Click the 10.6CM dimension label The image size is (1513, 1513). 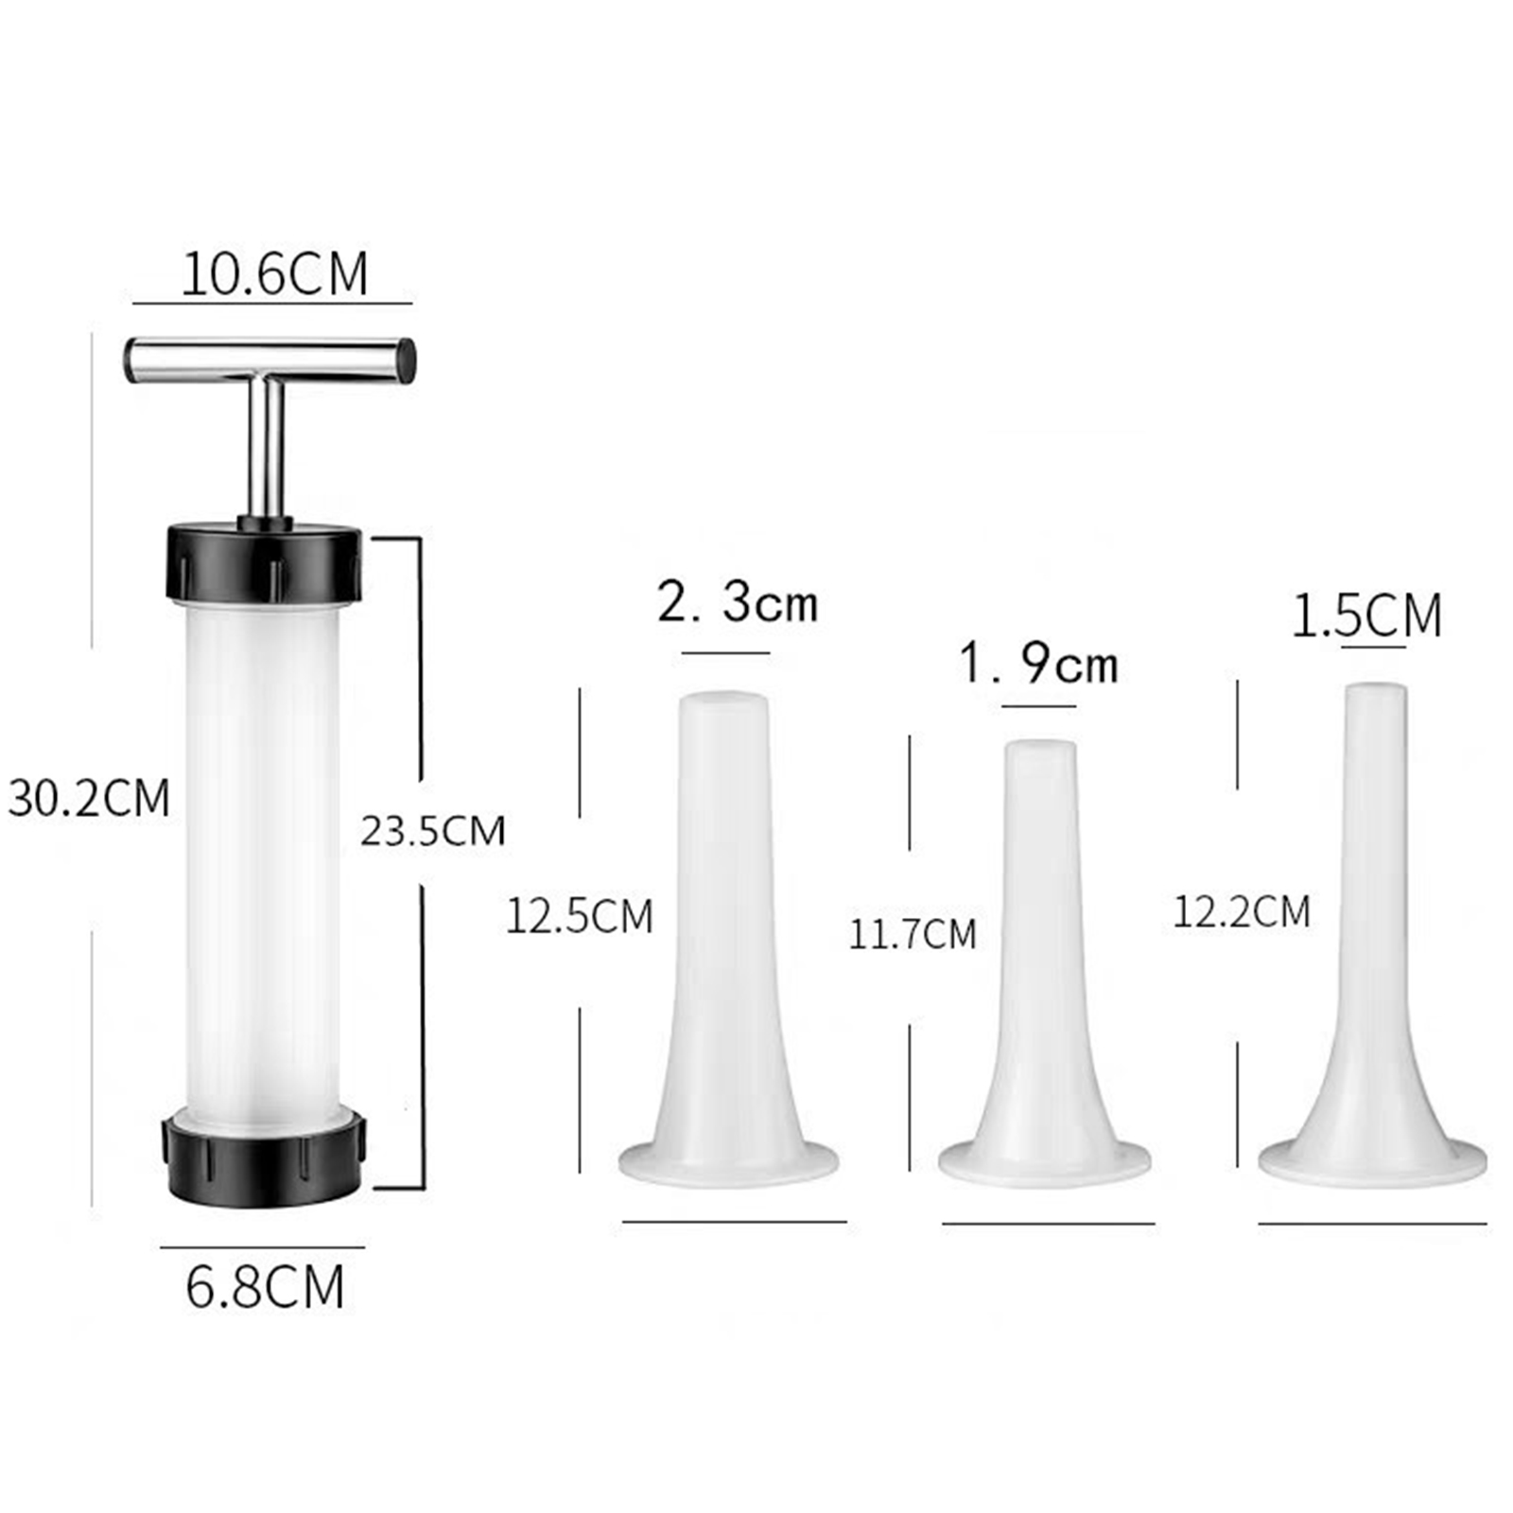point(274,274)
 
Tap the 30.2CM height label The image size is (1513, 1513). point(89,797)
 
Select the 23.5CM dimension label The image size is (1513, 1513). point(433,830)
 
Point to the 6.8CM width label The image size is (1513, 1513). point(265,1286)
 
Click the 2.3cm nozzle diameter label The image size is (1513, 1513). point(738,602)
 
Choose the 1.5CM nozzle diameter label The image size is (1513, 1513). point(1366,615)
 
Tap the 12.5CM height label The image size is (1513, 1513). point(580,916)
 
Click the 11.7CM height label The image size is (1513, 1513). point(913,934)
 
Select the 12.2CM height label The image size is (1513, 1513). point(1242,912)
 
